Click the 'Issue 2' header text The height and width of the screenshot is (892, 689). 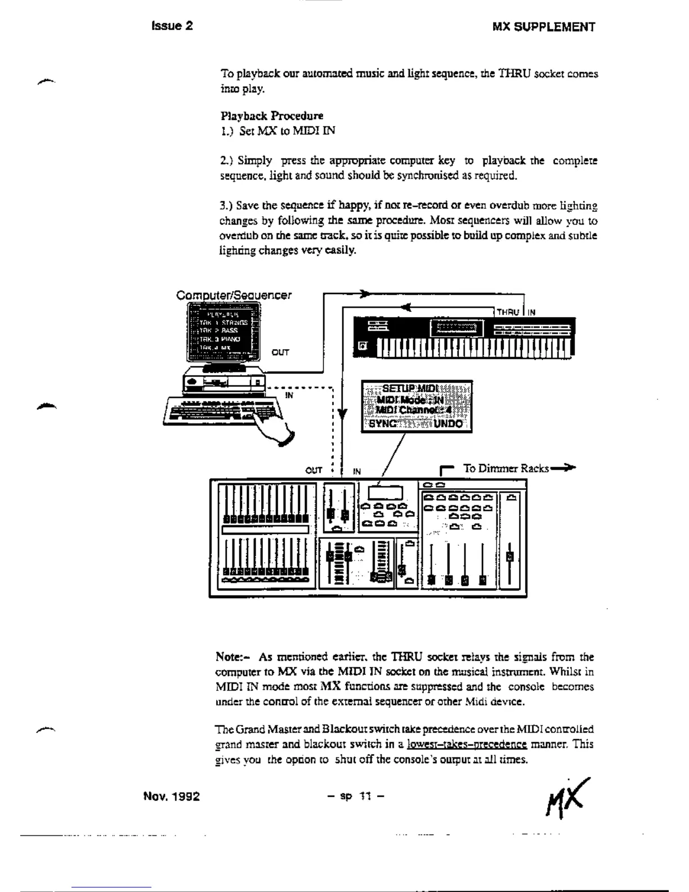tap(172, 26)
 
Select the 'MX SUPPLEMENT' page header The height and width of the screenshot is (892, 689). tap(543, 27)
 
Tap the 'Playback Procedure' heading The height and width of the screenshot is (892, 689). tap(272, 116)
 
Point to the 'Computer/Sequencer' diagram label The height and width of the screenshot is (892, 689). tap(234, 295)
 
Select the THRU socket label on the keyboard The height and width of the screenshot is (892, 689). tap(508, 312)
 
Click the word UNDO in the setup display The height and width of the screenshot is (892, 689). tap(448, 423)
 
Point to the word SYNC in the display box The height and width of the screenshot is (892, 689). tap(383, 423)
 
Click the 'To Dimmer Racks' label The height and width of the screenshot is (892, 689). tap(505, 469)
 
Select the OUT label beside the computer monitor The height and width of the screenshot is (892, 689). tap(280, 353)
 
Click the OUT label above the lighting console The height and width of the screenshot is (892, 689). tap(314, 471)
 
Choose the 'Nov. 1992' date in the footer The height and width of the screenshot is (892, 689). tap(171, 796)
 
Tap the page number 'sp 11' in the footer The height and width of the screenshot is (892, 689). tap(356, 796)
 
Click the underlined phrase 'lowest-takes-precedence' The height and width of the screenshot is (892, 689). tap(467, 744)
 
